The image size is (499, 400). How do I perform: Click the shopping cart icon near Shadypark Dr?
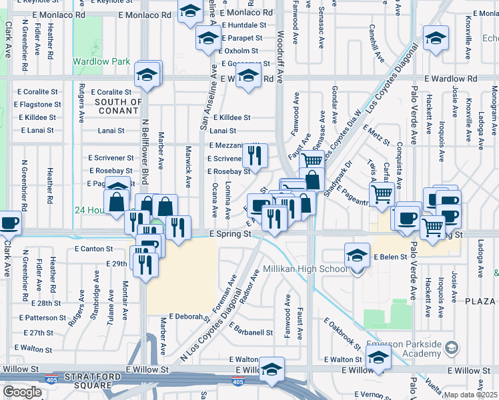click(381, 194)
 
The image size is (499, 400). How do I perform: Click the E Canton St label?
click(94, 249)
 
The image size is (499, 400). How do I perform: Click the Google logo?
click(23, 392)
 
